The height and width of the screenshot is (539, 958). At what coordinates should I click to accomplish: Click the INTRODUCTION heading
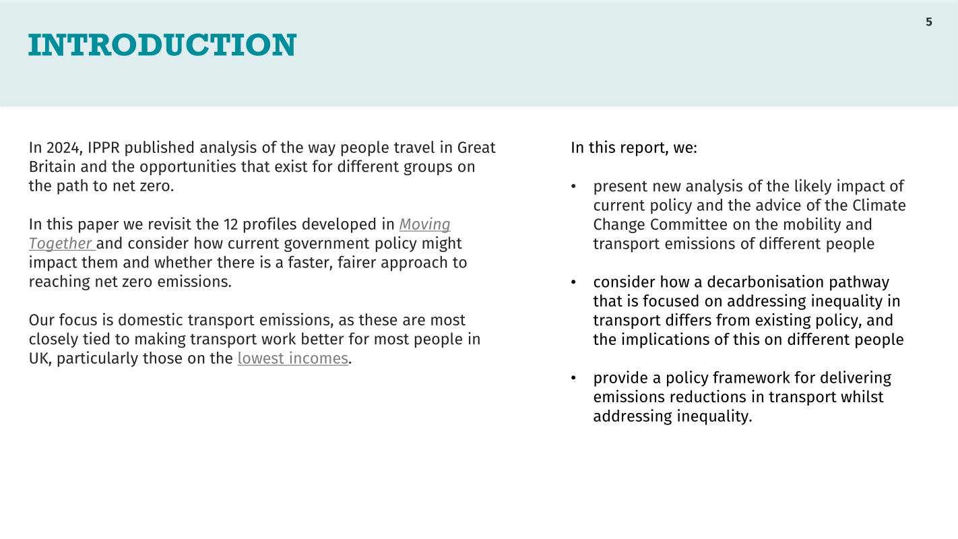point(162,45)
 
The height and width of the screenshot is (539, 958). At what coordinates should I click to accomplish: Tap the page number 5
point(929,22)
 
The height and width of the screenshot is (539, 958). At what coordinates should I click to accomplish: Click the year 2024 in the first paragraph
point(64,148)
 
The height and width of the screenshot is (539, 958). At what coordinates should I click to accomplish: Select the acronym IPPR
point(104,148)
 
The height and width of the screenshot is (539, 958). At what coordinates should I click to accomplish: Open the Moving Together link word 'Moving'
point(424,224)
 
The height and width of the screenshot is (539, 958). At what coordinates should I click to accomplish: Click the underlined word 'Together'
point(61,243)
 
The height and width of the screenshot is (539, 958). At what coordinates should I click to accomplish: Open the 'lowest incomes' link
point(293,358)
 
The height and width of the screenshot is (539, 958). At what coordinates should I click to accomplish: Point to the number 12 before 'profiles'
point(231,224)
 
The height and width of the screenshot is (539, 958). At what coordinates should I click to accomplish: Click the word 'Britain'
point(52,166)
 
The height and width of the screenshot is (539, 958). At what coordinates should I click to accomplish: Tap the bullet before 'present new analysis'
point(573,187)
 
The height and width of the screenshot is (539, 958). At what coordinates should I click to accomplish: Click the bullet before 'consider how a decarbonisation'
point(573,282)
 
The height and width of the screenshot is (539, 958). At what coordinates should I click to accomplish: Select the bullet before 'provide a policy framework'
point(573,378)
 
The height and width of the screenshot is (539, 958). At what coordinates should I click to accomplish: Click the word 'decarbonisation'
point(765,282)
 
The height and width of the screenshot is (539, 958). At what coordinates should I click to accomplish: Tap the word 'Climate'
point(879,205)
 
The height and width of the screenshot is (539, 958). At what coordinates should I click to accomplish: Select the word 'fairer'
point(356,263)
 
